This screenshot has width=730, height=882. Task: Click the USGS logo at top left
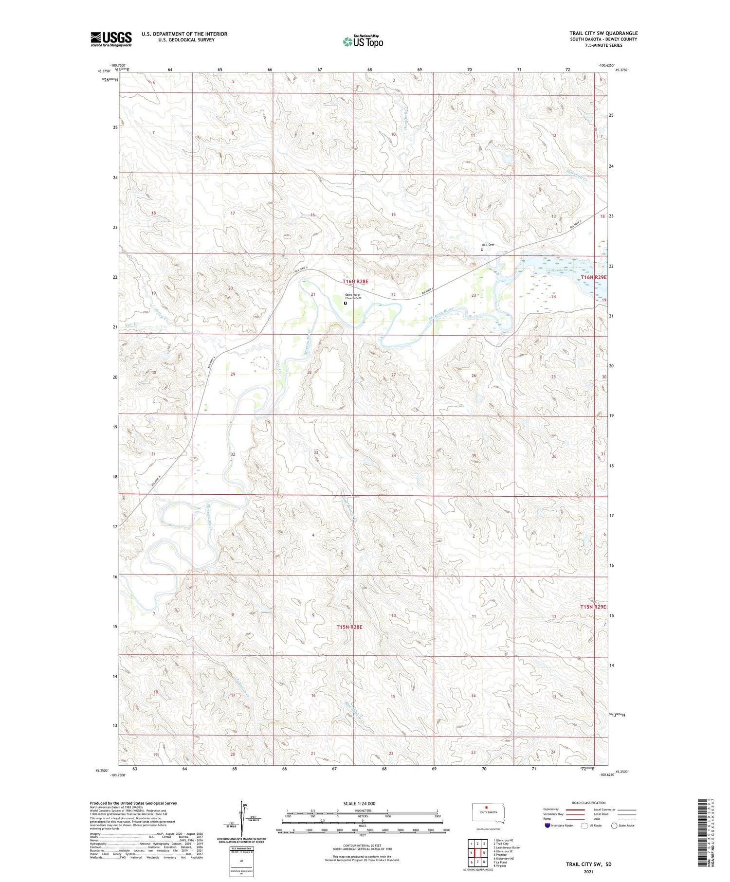(x=111, y=39)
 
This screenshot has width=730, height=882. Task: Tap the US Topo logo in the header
(x=363, y=42)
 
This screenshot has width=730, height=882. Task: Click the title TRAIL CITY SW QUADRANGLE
(x=603, y=33)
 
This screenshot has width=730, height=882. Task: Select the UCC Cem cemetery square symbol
(x=482, y=250)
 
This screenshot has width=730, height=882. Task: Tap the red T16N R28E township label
(x=355, y=281)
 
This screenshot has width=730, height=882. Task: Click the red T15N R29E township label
(x=593, y=607)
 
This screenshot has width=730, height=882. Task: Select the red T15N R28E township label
(x=349, y=627)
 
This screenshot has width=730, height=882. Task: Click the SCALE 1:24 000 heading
(x=359, y=803)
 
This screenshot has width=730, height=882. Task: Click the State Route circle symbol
(x=615, y=826)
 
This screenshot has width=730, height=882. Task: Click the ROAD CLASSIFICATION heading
(x=588, y=803)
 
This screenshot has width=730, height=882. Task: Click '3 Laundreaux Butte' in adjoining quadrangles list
(x=506, y=847)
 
